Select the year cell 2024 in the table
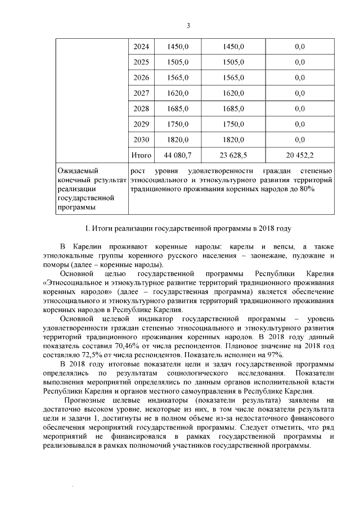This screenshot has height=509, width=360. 139,46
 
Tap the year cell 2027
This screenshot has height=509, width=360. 139,93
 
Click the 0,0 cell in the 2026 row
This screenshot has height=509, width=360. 299,77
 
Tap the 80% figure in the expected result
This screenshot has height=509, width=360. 307,190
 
